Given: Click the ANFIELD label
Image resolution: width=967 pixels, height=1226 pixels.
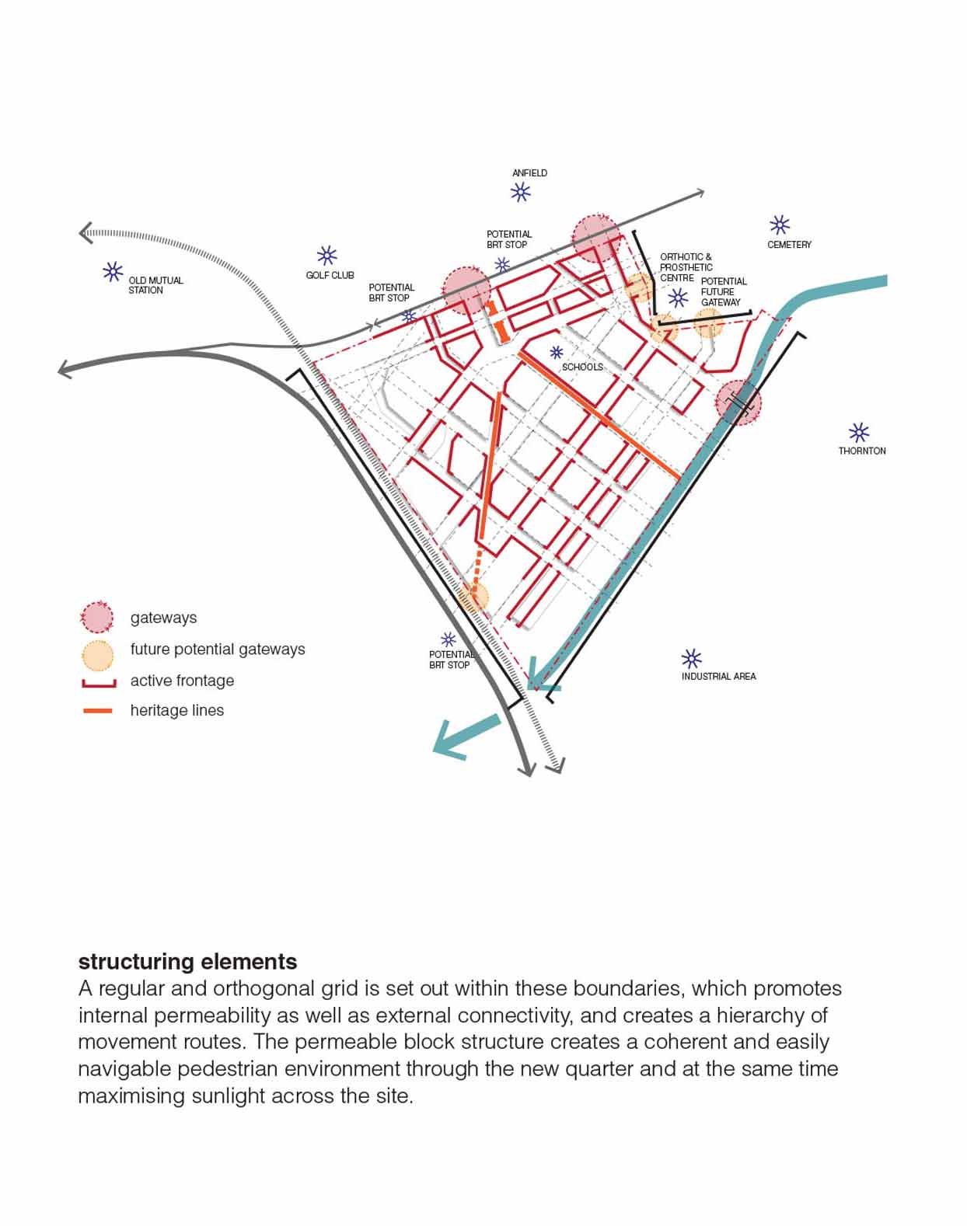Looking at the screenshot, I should pyautogui.click(x=529, y=173).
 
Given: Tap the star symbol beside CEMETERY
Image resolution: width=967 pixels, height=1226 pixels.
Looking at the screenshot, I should pyautogui.click(x=779, y=225).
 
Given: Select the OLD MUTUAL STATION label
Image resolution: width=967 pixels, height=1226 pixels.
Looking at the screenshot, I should pyautogui.click(x=155, y=285).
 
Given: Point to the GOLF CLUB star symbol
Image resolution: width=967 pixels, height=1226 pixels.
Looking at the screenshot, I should pyautogui.click(x=326, y=256).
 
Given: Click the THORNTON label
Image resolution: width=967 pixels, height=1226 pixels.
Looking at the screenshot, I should pyautogui.click(x=861, y=451).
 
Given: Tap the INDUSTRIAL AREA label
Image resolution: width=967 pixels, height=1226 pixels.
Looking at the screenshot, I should pyautogui.click(x=718, y=677).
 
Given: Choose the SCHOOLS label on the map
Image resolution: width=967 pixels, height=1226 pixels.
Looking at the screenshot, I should pyautogui.click(x=582, y=367).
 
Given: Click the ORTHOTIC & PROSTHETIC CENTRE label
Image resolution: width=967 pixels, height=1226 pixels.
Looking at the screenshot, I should pyautogui.click(x=686, y=267).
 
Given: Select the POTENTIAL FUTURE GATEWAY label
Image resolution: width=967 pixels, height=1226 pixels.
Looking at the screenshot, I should pyautogui.click(x=723, y=292).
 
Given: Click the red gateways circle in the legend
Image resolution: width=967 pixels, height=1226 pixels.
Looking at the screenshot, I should pyautogui.click(x=97, y=618).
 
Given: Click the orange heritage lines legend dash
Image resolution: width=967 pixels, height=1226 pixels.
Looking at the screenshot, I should pyautogui.click(x=98, y=711).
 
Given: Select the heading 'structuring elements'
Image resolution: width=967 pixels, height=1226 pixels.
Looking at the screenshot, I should pyautogui.click(x=187, y=962).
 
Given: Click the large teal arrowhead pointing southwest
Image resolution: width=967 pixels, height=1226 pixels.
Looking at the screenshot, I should pyautogui.click(x=455, y=739).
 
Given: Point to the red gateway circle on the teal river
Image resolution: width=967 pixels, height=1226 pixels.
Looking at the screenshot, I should pyautogui.click(x=738, y=402).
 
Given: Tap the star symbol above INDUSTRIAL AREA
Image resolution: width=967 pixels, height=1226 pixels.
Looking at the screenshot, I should pyautogui.click(x=691, y=659).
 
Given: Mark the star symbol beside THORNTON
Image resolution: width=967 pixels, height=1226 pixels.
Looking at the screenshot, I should pyautogui.click(x=858, y=433).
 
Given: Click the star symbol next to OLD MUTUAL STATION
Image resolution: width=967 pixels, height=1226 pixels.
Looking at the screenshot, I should pyautogui.click(x=113, y=272).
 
